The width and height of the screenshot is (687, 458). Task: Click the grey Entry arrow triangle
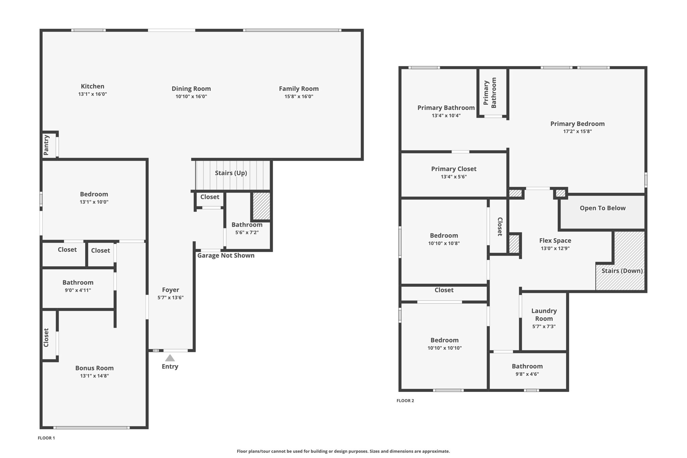[x=170, y=358]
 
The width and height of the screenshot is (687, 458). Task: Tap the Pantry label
[x=46, y=145]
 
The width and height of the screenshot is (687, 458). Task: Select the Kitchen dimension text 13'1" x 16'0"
[x=93, y=94]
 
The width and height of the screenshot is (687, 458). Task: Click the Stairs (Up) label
[x=231, y=173]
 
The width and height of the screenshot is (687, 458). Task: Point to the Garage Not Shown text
[x=226, y=255]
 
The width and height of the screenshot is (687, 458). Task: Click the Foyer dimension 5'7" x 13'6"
[x=170, y=298]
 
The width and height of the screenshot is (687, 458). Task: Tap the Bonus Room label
[x=94, y=368]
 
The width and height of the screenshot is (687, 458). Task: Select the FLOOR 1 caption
[x=46, y=438]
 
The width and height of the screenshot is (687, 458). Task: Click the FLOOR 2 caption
[x=405, y=401]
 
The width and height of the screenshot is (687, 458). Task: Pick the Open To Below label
[x=602, y=208]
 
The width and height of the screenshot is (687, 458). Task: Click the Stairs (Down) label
[x=622, y=271]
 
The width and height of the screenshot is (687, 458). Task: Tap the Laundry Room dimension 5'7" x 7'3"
[x=544, y=326]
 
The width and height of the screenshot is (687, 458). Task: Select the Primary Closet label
[x=454, y=169]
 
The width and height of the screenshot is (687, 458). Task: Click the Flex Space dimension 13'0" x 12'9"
[x=555, y=249]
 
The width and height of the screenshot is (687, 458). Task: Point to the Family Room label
[x=299, y=89]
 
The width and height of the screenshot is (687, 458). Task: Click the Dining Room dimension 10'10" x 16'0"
[x=191, y=97]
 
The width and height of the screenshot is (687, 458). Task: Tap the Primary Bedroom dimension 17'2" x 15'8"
[x=577, y=132]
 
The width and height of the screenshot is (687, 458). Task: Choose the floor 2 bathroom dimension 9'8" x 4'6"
[x=527, y=374]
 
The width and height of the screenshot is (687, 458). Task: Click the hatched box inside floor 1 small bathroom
[x=261, y=206]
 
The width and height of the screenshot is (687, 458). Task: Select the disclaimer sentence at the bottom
[x=343, y=451]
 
